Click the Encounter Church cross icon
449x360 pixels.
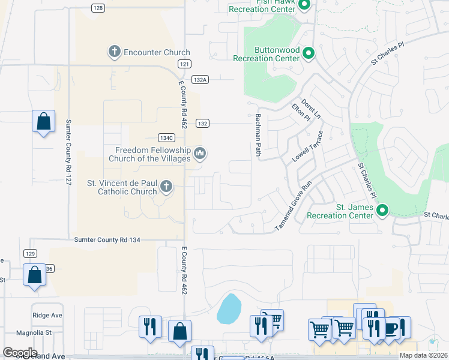pos(114,52)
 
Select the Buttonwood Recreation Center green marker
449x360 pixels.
pos(309,54)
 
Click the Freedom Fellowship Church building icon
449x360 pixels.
pos(200,154)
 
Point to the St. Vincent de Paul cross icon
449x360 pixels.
pos(166,188)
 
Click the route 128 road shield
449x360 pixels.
pos(99,8)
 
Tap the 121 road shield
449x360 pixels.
pos(184,64)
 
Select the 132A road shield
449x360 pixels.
pos(200,79)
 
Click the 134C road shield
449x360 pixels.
pos(166,137)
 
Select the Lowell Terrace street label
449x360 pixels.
pos(307,147)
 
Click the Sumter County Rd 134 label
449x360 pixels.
pos(107,240)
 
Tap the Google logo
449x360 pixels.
pos(20,353)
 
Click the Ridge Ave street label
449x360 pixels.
pos(47,315)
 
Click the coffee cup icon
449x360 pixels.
pos(390,329)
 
